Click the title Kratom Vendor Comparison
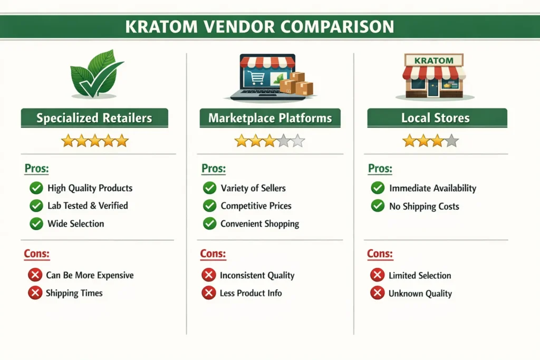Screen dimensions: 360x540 259,27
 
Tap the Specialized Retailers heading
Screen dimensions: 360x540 94,118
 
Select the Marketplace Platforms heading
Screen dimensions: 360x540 270,118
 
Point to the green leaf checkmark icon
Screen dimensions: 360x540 95,76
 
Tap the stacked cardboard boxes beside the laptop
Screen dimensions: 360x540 296,84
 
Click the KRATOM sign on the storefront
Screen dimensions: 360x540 433,61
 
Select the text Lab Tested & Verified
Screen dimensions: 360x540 88,206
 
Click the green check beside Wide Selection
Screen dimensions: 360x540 36,223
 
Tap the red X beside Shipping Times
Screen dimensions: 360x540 35,293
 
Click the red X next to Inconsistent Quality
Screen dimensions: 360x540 209,275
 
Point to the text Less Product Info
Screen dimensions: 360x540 250,293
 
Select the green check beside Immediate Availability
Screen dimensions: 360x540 378,188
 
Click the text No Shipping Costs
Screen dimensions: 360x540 424,206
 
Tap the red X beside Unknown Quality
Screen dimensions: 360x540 377,294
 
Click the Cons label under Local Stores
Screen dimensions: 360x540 380,254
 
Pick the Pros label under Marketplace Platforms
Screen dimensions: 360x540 214,169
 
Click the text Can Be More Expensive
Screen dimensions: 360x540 90,275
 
